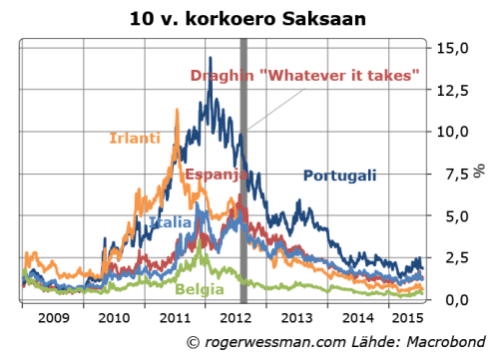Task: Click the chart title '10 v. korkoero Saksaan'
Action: tap(247, 18)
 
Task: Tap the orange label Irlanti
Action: tap(134, 138)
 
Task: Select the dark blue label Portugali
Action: tap(339, 176)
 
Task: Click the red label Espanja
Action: tap(213, 176)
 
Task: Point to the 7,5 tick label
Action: tap(456, 174)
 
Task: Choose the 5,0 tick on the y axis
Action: tap(456, 215)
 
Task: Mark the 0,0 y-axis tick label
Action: tap(456, 299)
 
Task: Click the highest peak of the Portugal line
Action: tap(210, 86)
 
